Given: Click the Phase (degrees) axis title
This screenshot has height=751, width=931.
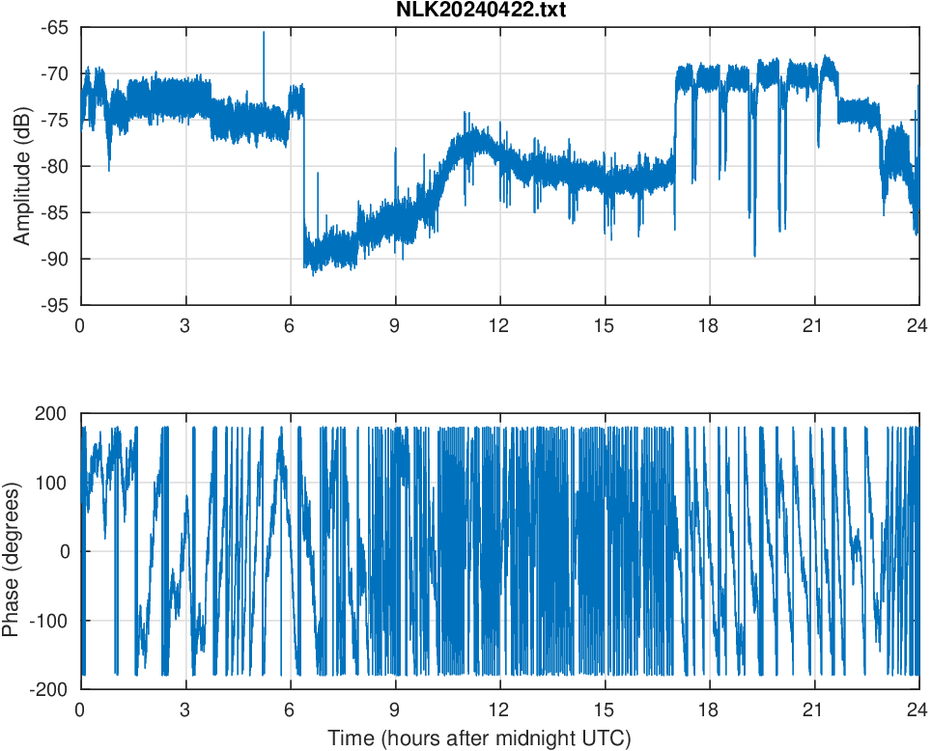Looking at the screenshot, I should tap(12, 551).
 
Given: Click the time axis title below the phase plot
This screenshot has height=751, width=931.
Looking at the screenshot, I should tap(479, 738).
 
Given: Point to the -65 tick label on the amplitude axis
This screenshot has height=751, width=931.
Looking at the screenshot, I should tap(54, 28).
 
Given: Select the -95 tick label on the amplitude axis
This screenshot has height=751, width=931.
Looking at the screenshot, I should tap(54, 305).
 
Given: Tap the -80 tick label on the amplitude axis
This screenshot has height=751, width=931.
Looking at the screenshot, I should tap(54, 166).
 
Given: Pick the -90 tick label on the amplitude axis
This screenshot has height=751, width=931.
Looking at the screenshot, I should tap(54, 259).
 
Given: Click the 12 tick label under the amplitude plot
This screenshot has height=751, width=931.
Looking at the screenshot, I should tap(499, 325).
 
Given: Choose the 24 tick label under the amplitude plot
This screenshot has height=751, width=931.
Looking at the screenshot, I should tap(917, 325).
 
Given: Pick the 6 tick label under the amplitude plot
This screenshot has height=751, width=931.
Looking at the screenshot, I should tap(290, 325).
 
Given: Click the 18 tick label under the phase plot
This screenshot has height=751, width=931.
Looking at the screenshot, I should tap(709, 709).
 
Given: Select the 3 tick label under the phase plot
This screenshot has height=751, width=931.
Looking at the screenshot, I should tap(184, 709).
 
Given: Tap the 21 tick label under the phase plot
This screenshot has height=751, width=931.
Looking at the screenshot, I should tap(813, 709).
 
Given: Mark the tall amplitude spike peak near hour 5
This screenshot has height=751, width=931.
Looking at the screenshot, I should tap(263, 32).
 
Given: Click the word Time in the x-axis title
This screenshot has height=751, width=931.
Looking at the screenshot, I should tap(350, 738).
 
